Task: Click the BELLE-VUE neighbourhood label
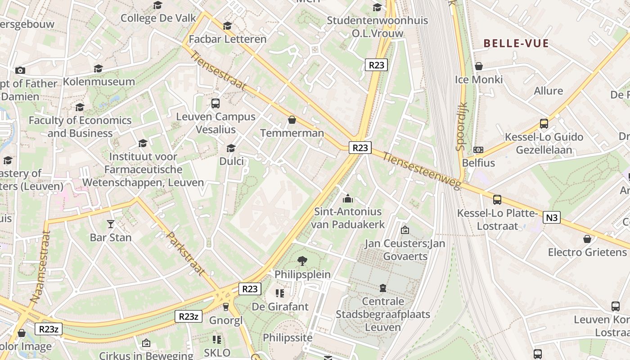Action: click(x=516, y=44)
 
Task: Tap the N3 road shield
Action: click(x=552, y=218)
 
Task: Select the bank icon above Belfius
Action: click(x=478, y=150)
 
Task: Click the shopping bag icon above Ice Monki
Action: click(x=479, y=67)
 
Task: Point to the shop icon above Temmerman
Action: click(x=292, y=120)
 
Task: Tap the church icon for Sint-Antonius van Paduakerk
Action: click(x=348, y=198)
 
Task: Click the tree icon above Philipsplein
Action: click(x=302, y=261)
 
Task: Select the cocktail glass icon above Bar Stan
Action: click(x=111, y=224)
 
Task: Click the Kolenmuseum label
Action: click(x=99, y=82)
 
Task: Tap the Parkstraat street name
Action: click(x=185, y=253)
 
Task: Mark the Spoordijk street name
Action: click(x=462, y=126)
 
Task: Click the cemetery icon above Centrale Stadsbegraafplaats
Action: click(x=382, y=288)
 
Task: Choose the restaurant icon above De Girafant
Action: click(x=280, y=294)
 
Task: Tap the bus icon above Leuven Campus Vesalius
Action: click(x=216, y=103)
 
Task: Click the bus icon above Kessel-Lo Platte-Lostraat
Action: click(x=497, y=199)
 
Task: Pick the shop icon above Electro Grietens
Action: click(x=587, y=239)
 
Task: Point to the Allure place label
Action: click(x=548, y=91)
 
